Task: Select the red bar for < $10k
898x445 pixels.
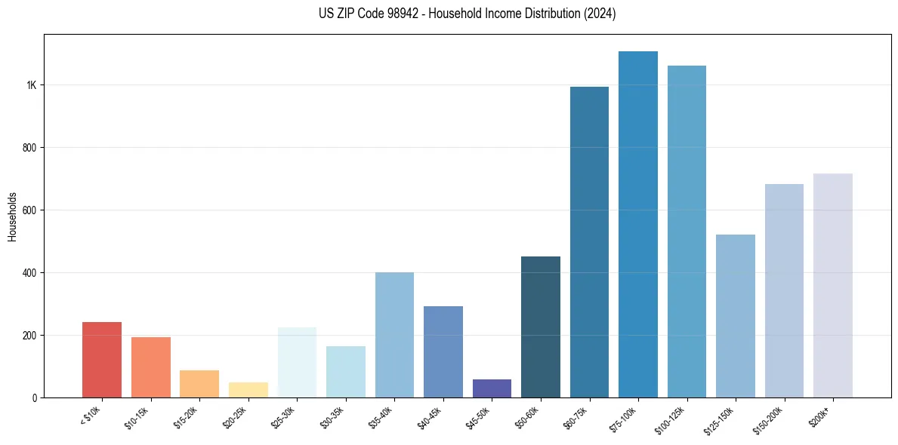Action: point(102,360)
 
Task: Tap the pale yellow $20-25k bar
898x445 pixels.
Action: point(248,390)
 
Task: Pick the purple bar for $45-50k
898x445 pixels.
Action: point(492,388)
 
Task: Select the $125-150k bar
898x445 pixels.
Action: point(736,316)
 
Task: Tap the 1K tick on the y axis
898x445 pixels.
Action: point(32,85)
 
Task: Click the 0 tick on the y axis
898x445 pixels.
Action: point(35,397)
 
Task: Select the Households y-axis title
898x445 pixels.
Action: point(12,216)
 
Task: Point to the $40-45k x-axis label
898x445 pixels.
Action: point(431,416)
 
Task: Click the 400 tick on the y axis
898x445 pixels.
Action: point(29,273)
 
